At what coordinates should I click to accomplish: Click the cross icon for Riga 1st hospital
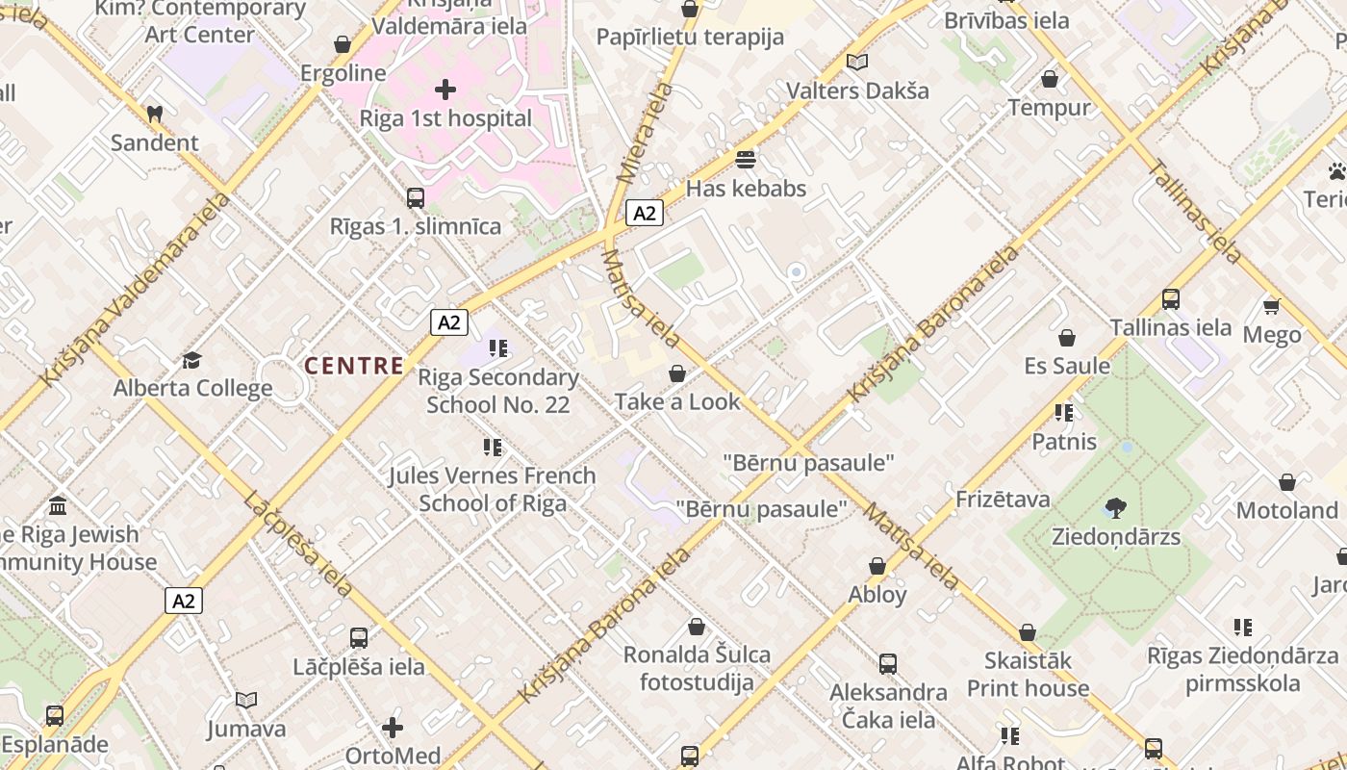[445, 90]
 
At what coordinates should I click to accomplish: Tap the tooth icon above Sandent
[154, 114]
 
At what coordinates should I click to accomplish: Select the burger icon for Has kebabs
[746, 159]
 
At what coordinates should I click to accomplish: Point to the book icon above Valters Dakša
[857, 63]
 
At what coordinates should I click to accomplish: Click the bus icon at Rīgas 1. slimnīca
[416, 198]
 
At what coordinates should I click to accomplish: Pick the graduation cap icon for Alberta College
[192, 361]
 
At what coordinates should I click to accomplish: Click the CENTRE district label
[354, 366]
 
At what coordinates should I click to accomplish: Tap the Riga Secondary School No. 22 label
[498, 391]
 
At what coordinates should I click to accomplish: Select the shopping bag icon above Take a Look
[677, 373]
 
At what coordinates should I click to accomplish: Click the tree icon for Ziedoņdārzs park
[1116, 507]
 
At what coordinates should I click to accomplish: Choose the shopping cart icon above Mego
[1271, 307]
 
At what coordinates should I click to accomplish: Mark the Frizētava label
[1003, 500]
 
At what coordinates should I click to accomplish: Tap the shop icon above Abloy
[877, 566]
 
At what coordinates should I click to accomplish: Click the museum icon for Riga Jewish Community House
[58, 505]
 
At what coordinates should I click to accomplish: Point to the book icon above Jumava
[246, 700]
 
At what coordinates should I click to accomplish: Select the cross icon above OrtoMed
[393, 727]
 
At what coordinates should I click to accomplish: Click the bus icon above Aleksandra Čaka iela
[888, 663]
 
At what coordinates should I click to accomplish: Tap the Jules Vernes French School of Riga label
[493, 489]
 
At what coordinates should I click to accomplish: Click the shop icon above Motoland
[1287, 482]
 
